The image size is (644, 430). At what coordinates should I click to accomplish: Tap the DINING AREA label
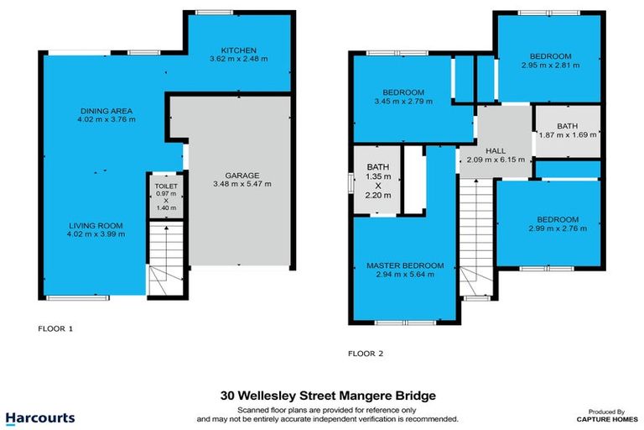[106, 111]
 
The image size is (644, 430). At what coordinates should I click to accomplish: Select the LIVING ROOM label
[96, 225]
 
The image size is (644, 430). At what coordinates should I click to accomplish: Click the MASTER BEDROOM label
[405, 266]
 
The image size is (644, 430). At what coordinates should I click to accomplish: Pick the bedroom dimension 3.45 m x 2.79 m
[403, 102]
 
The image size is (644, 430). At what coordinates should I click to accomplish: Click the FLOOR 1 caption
[56, 328]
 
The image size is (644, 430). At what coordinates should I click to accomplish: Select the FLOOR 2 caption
[366, 354]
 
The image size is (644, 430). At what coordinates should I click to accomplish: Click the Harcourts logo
[40, 417]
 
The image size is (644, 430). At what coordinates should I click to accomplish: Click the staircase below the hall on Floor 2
[475, 244]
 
